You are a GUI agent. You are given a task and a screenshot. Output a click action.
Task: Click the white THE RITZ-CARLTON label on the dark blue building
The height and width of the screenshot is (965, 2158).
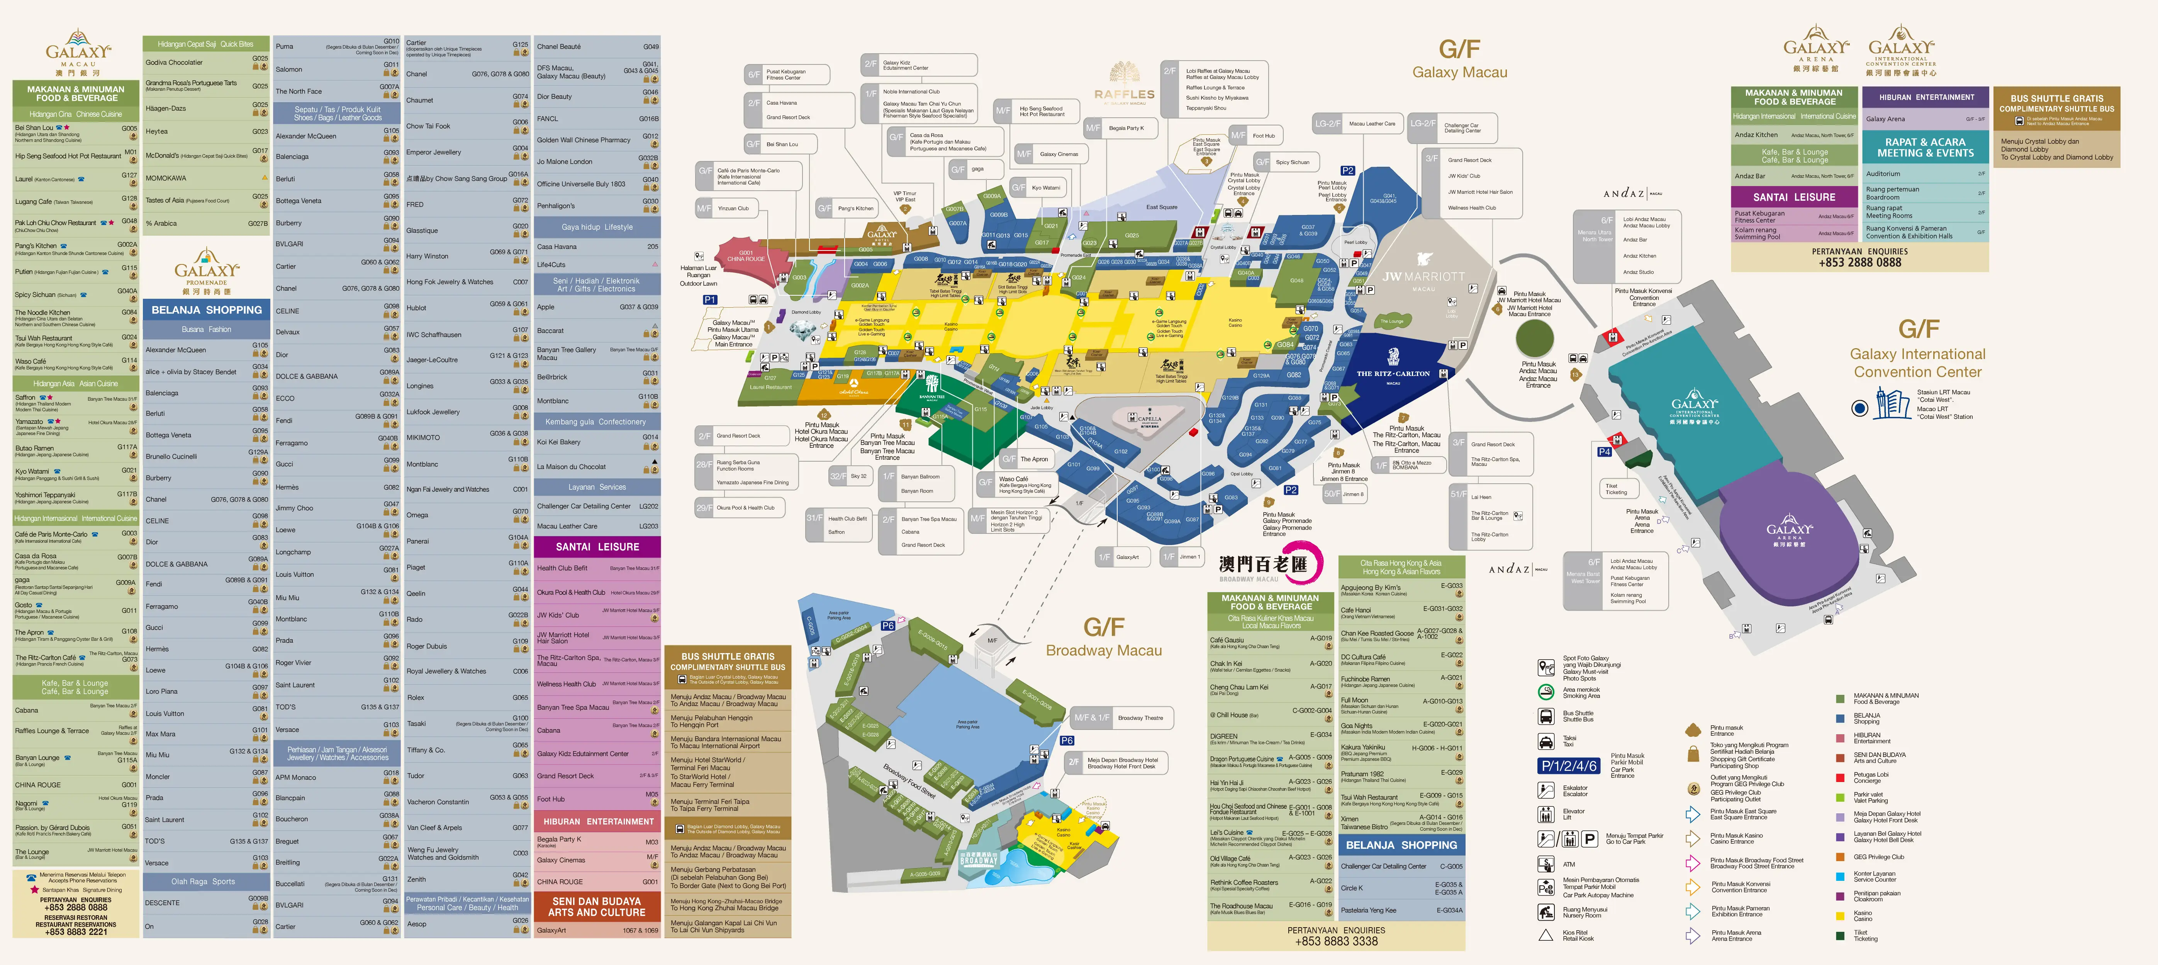point(1392,374)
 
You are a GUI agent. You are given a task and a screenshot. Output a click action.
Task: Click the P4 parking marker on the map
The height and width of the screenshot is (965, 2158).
point(1604,452)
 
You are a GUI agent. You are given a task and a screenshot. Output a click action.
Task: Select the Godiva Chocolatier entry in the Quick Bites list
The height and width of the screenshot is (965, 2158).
point(174,63)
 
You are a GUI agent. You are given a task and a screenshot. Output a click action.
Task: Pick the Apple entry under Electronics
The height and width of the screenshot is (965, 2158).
point(546,307)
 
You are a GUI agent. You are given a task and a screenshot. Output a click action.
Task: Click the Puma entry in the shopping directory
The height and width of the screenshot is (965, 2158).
point(285,47)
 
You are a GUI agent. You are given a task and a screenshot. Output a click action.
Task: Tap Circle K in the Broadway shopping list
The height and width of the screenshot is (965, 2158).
point(1352,888)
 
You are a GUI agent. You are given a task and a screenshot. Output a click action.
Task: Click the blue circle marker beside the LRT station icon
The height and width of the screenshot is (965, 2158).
point(1860,408)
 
